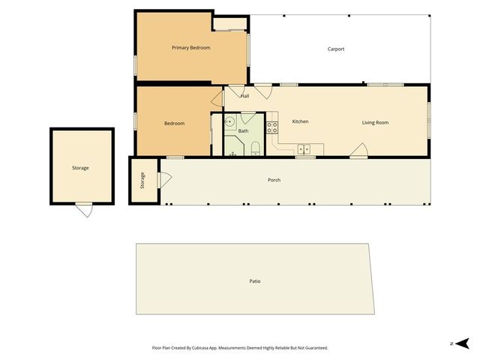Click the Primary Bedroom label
(190, 48)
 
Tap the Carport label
(336, 49)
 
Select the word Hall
(244, 96)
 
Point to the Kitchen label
(300, 121)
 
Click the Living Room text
(375, 122)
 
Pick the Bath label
(243, 131)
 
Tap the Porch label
(274, 180)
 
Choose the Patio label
(255, 281)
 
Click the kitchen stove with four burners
(273, 127)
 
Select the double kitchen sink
(303, 147)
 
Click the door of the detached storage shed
(85, 210)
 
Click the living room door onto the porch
(358, 153)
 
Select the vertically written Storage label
(142, 180)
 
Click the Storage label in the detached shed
(80, 168)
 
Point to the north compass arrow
(463, 343)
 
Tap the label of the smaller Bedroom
(174, 123)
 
